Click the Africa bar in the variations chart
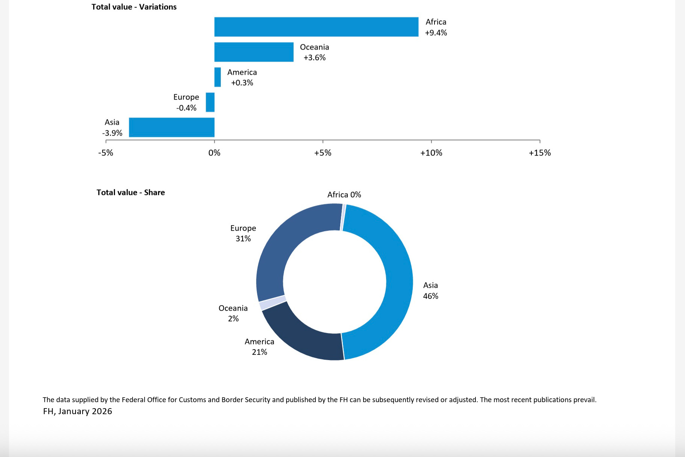316,27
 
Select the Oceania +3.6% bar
254,52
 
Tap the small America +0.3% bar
218,77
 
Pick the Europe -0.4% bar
210,102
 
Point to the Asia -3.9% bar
172,127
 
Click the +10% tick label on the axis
431,153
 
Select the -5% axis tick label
106,153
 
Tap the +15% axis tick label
540,153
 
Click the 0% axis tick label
214,153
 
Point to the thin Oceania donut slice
273,303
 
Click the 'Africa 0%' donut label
344,195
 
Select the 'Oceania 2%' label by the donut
233,313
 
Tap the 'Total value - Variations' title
134,7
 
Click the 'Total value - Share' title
131,192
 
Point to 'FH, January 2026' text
78,411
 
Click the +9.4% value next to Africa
436,33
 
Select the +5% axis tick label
323,153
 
